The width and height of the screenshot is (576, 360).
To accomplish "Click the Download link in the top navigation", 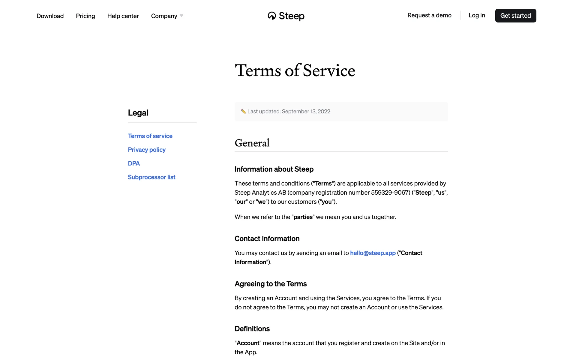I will click(50, 16).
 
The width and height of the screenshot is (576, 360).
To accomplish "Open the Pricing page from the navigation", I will click(85, 16).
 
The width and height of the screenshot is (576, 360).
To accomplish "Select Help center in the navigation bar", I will click(123, 16).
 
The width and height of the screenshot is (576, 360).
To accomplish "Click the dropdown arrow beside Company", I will click(181, 16).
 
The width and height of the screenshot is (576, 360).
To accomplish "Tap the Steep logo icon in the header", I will click(272, 16).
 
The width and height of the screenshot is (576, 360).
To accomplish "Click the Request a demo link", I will click(429, 15).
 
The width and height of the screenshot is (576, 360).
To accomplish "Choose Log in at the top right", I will click(477, 15).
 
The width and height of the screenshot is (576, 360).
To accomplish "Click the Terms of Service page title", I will click(295, 70).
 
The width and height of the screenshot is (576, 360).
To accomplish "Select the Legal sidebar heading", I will click(138, 113).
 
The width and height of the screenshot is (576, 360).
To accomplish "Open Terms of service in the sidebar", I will click(150, 136).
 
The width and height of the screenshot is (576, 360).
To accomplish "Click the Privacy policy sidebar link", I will click(147, 150).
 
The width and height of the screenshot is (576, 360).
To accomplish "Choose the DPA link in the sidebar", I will click(134, 163).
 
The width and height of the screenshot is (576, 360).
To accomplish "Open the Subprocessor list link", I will click(151, 177).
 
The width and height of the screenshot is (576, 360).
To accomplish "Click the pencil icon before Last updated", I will click(243, 111).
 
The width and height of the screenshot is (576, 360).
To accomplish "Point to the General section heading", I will click(252, 143).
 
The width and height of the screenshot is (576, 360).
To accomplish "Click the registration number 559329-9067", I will click(390, 193).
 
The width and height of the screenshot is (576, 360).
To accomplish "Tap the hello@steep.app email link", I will click(373, 253).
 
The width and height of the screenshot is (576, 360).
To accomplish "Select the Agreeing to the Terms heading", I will click(271, 284).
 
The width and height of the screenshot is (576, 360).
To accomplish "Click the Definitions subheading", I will click(252, 329).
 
